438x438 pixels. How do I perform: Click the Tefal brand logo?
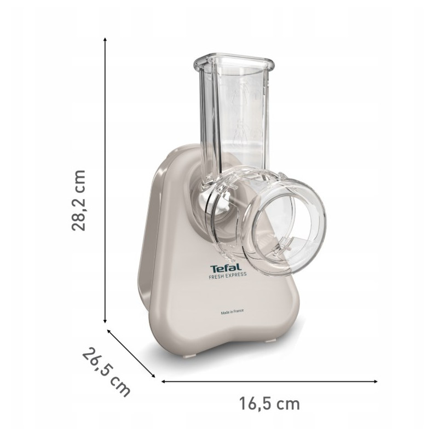pyautogui.click(x=226, y=268)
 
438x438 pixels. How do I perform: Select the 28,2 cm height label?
pyautogui.click(x=78, y=200)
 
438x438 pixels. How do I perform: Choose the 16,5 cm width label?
pyautogui.click(x=269, y=404)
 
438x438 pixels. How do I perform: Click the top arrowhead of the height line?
pyautogui.click(x=105, y=39)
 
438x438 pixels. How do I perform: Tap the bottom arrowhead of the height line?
pyautogui.click(x=105, y=321)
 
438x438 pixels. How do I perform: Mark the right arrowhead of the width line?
pyautogui.click(x=376, y=381)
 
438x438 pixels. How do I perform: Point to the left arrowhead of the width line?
pyautogui.click(x=164, y=381)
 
